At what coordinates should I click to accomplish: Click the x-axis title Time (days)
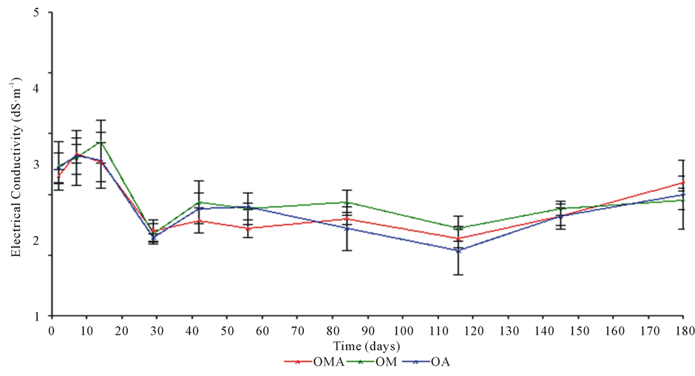click(x=367, y=345)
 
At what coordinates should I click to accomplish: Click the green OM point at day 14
click(x=101, y=141)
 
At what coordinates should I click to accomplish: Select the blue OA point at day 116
click(x=458, y=250)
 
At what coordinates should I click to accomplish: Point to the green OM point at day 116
click(x=458, y=228)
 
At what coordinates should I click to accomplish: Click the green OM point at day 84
click(x=346, y=202)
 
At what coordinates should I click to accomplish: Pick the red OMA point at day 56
click(x=248, y=228)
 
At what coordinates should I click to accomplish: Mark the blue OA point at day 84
click(x=346, y=228)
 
